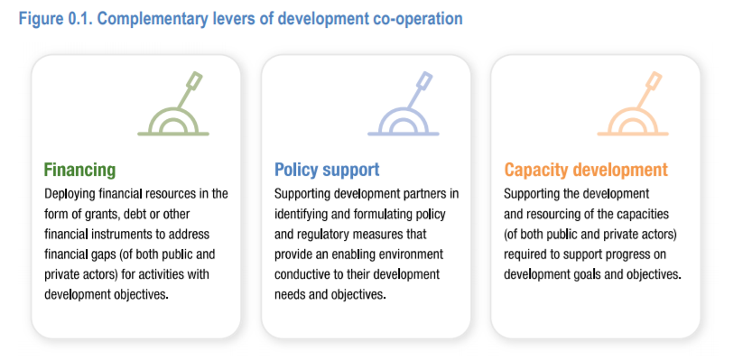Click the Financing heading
click(79, 170)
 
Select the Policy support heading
click(327, 170)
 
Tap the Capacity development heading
click(586, 170)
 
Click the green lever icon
click(173, 104)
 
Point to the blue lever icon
click(403, 104)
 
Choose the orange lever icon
click(633, 104)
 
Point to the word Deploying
click(68, 194)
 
